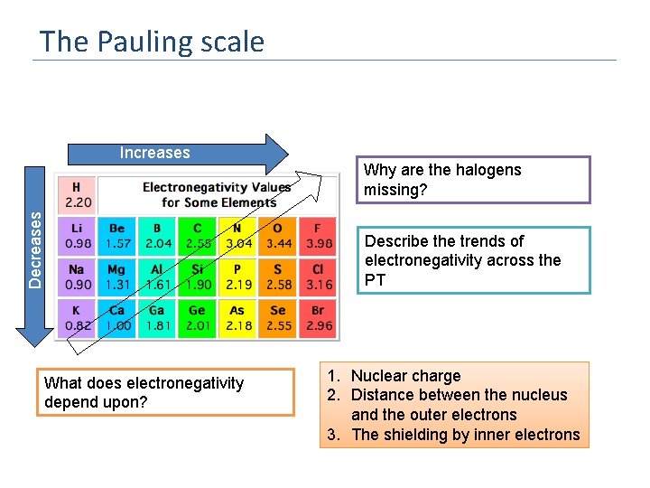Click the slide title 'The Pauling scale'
pyautogui.click(x=152, y=42)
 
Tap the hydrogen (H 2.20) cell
pyautogui.click(x=78, y=194)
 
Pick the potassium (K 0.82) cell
pyautogui.click(x=78, y=318)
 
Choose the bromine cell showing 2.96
pyautogui.click(x=318, y=318)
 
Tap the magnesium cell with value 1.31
pyautogui.click(x=117, y=277)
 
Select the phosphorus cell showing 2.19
pyautogui.click(x=238, y=277)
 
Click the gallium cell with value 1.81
pyautogui.click(x=158, y=318)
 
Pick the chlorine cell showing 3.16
pyautogui.click(x=318, y=277)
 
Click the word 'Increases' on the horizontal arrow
pyautogui.click(x=154, y=153)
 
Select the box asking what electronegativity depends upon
pyautogui.click(x=167, y=392)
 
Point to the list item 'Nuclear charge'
pyautogui.click(x=405, y=376)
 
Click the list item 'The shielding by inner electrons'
pyautogui.click(x=465, y=435)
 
